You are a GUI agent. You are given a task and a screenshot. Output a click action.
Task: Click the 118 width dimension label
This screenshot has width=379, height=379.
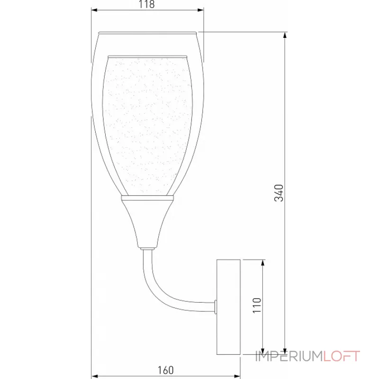tap(147, 5)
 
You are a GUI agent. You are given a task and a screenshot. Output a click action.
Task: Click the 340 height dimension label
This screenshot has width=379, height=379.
tap(280, 192)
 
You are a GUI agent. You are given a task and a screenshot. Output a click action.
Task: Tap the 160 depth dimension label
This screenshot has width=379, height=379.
tap(165, 370)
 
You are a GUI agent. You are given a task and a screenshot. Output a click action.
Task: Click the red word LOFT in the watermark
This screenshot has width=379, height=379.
tap(342, 356)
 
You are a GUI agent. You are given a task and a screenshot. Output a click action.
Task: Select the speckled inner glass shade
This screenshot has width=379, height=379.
tap(147, 123)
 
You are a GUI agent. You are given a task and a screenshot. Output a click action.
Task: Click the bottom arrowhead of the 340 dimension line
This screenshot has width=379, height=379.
tap(284, 351)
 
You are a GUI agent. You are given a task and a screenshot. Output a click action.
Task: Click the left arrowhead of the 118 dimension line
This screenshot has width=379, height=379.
tap(93, 10)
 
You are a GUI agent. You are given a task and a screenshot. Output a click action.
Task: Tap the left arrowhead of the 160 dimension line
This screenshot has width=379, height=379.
tap(93, 374)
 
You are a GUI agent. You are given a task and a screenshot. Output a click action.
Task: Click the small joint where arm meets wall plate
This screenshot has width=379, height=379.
tap(216, 307)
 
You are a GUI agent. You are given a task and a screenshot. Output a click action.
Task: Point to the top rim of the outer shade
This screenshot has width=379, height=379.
tap(147, 33)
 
